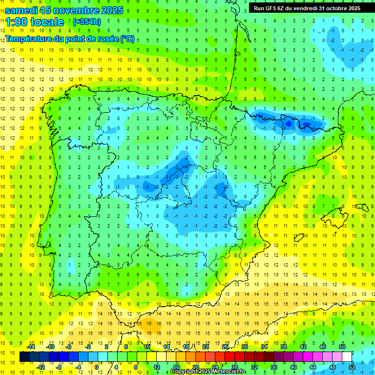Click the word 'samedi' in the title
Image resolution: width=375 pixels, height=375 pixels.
[x=22, y=10]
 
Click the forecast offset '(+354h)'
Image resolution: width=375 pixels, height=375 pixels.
[x=86, y=22]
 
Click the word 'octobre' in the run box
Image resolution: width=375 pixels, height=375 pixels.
[x=333, y=8]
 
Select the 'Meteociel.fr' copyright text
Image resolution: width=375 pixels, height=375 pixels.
[x=228, y=372]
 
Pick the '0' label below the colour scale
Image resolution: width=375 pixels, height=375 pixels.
[x=97, y=367]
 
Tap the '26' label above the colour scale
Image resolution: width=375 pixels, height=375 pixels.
[x=225, y=347]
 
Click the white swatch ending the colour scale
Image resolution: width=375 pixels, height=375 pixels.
[x=347, y=357]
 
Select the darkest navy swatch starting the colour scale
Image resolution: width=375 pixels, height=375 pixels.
[x=24, y=357]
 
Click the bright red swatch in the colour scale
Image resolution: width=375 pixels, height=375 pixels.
[x=230, y=357]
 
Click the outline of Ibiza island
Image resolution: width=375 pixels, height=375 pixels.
[x=298, y=238]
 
